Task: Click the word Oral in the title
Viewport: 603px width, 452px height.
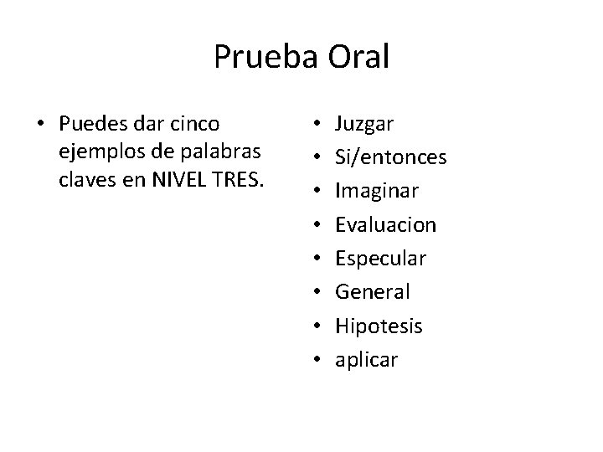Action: click(355, 56)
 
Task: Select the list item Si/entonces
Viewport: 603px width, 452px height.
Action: click(390, 158)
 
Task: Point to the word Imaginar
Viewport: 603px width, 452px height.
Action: click(377, 192)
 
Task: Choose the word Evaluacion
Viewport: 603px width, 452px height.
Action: click(385, 225)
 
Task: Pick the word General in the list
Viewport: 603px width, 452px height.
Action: click(373, 292)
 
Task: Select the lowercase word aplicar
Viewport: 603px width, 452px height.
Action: click(367, 361)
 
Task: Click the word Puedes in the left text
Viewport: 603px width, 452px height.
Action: click(89, 125)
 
